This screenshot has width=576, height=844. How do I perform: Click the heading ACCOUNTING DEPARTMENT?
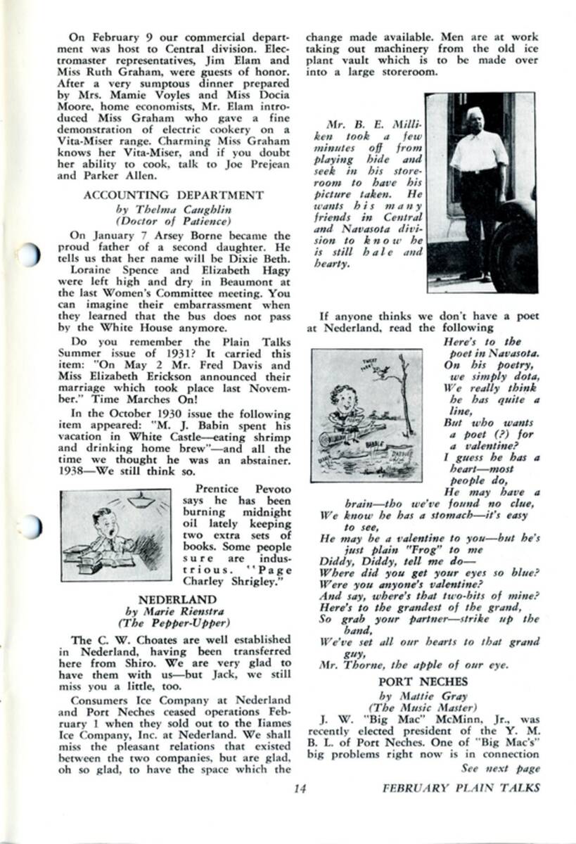coord(173,195)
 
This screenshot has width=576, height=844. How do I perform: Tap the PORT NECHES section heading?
coord(423,682)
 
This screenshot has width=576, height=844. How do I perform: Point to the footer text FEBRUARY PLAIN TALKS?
coord(461,788)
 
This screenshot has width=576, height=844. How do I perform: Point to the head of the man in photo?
coord(475,115)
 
